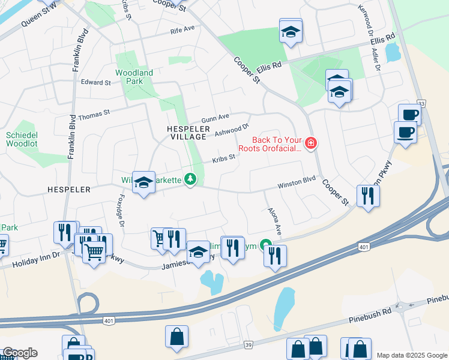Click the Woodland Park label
(134, 77)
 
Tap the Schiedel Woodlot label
(22, 140)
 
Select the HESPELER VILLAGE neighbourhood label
(188, 133)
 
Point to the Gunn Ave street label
(215, 118)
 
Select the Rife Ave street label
(182, 29)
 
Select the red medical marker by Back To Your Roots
(311, 143)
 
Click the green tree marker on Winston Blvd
(190, 179)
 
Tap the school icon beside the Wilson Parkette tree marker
(144, 183)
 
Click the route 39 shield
(249, 345)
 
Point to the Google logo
(19, 353)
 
